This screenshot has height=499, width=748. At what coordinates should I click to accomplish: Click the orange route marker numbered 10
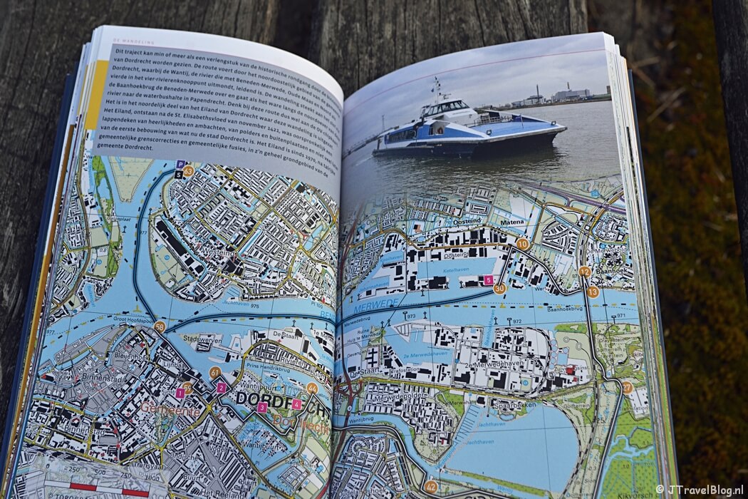click(x=522, y=244)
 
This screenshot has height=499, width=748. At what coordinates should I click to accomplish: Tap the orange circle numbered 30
click(x=499, y=289)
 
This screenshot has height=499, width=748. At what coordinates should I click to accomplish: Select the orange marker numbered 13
click(x=592, y=291)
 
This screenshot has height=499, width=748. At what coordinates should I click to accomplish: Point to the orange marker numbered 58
click(x=160, y=326)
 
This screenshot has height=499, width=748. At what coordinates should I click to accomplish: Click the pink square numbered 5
click(x=488, y=280)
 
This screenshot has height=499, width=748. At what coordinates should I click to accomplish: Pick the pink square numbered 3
click(x=262, y=407)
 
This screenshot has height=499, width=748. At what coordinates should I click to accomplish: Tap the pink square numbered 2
click(x=222, y=388)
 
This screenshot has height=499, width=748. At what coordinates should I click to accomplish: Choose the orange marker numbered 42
click(x=430, y=487)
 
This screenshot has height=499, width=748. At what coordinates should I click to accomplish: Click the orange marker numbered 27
click(x=626, y=388)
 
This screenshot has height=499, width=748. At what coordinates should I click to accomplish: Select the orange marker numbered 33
click(x=188, y=171)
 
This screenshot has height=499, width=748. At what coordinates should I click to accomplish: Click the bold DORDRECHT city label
click(x=281, y=399)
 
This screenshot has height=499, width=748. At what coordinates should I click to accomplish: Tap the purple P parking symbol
click(x=180, y=163)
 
